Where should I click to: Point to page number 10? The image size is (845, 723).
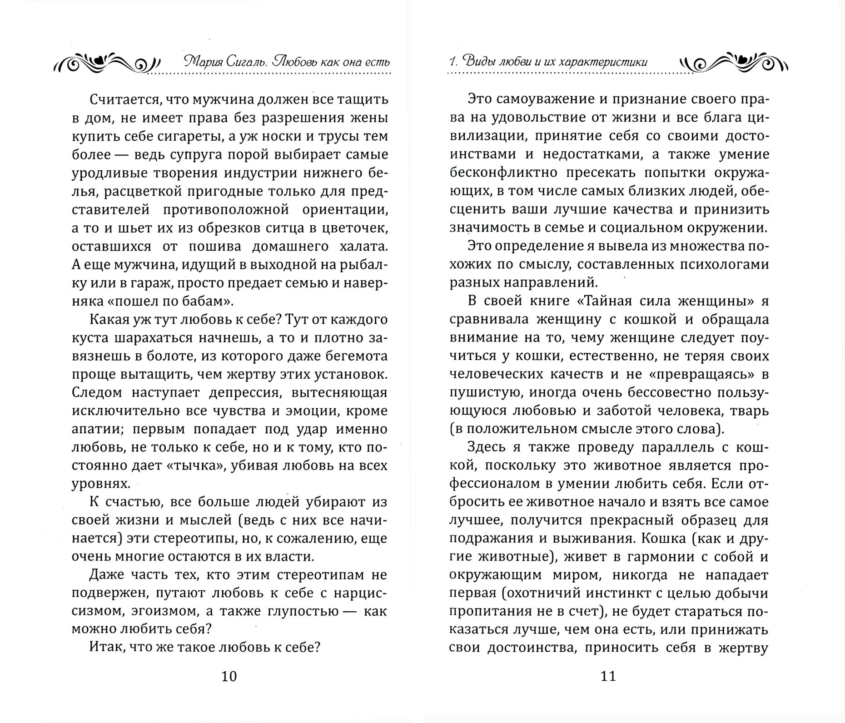pyautogui.click(x=229, y=677)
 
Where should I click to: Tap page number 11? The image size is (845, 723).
pyautogui.click(x=608, y=677)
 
